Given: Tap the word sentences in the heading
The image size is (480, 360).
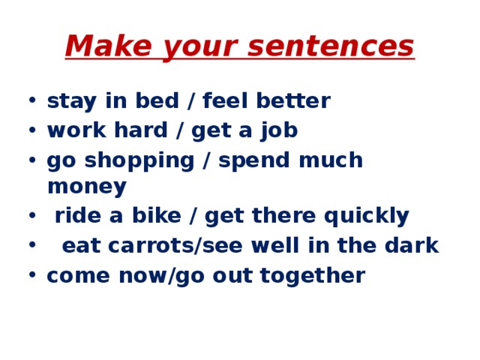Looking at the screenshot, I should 329,46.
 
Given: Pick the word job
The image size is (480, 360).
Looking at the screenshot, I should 280,130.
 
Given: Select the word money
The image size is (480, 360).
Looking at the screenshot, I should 86,186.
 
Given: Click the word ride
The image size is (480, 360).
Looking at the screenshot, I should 77,216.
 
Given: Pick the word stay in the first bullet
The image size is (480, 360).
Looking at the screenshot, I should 69,101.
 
